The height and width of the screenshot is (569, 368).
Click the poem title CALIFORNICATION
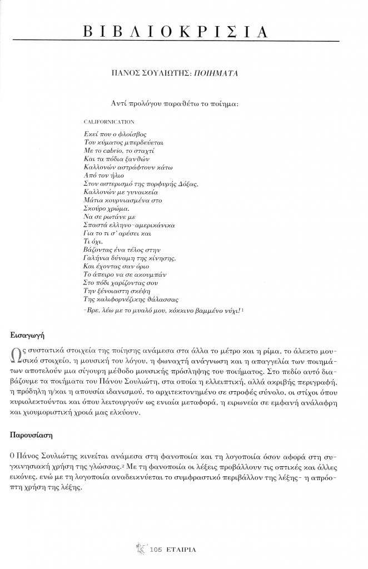click(x=109, y=121)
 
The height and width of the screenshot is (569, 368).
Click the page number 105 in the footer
click(x=155, y=550)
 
